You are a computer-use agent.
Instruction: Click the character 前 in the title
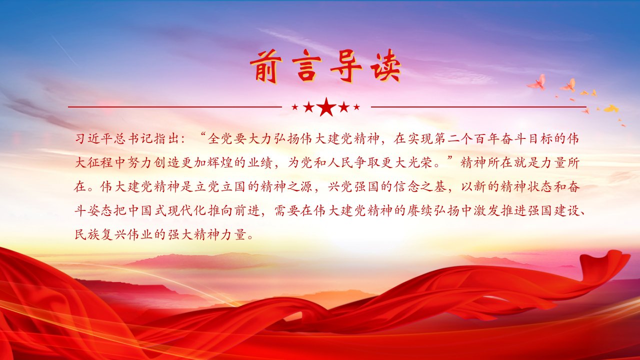[266, 66]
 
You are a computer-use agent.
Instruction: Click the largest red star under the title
[326, 107]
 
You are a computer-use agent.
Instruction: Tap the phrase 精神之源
[286, 187]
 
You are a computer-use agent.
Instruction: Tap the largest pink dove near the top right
[536, 82]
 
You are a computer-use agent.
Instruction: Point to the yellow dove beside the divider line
[611, 108]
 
